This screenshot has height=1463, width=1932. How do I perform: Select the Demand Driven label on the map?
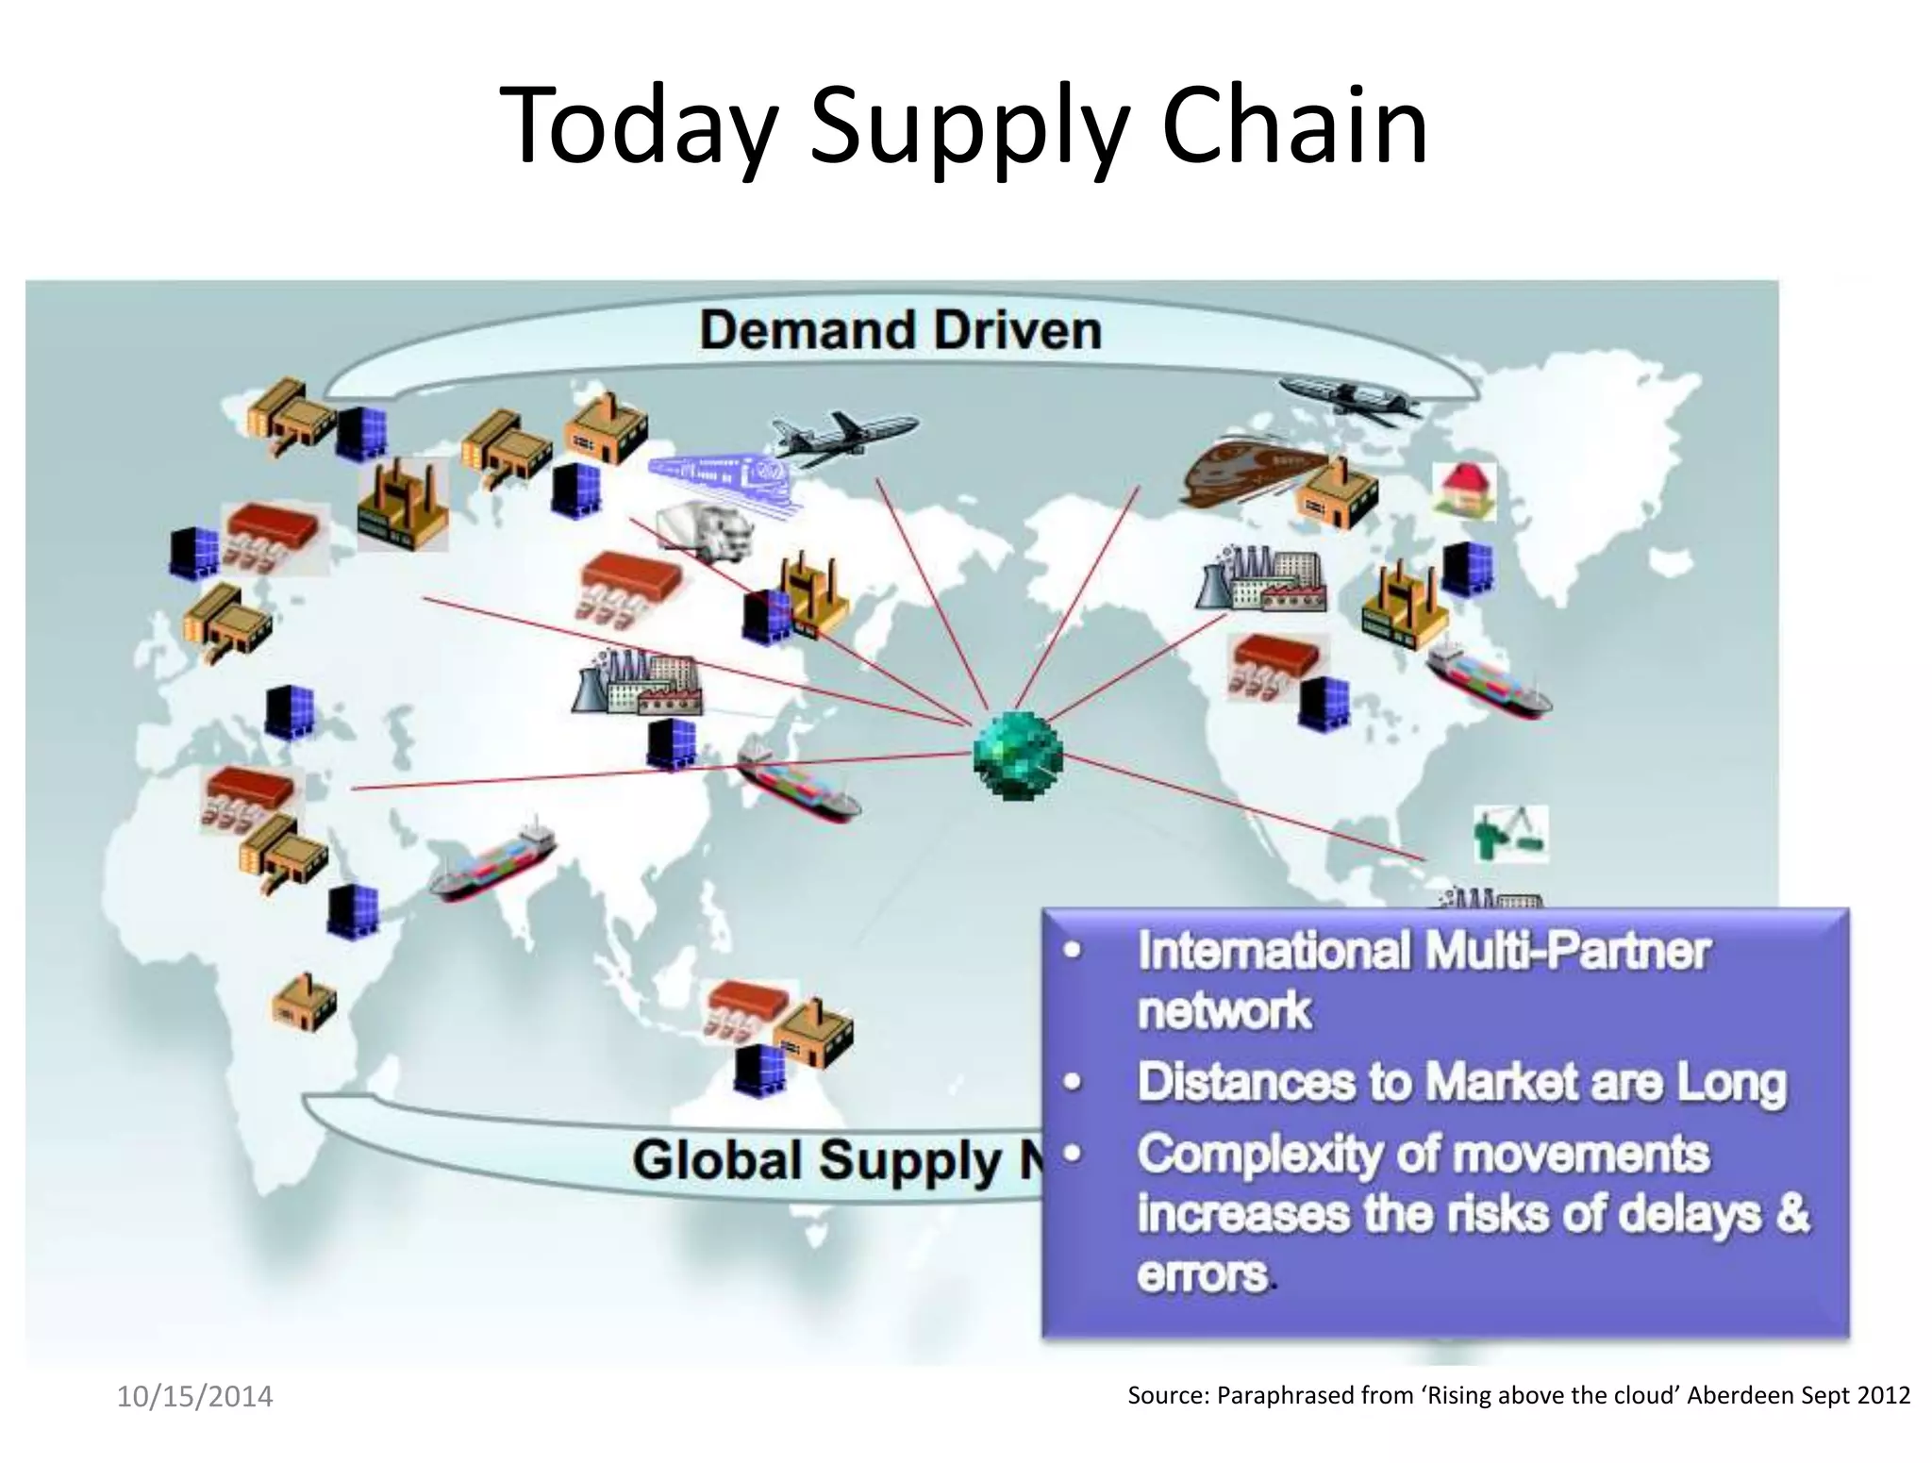click(900, 330)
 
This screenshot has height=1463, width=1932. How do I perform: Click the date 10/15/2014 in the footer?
click(194, 1396)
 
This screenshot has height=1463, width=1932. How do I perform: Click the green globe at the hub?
click(1017, 756)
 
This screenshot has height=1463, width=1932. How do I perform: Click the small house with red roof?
click(1463, 490)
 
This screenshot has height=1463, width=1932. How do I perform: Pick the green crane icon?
click(1509, 833)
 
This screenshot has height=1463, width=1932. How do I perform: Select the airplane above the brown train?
click(1349, 397)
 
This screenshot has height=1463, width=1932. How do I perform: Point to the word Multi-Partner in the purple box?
click(1567, 950)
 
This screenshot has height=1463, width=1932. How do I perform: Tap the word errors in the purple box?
click(1203, 1274)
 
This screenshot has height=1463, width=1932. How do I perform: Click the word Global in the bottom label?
click(716, 1160)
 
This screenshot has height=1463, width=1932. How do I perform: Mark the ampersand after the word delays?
click(1792, 1214)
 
